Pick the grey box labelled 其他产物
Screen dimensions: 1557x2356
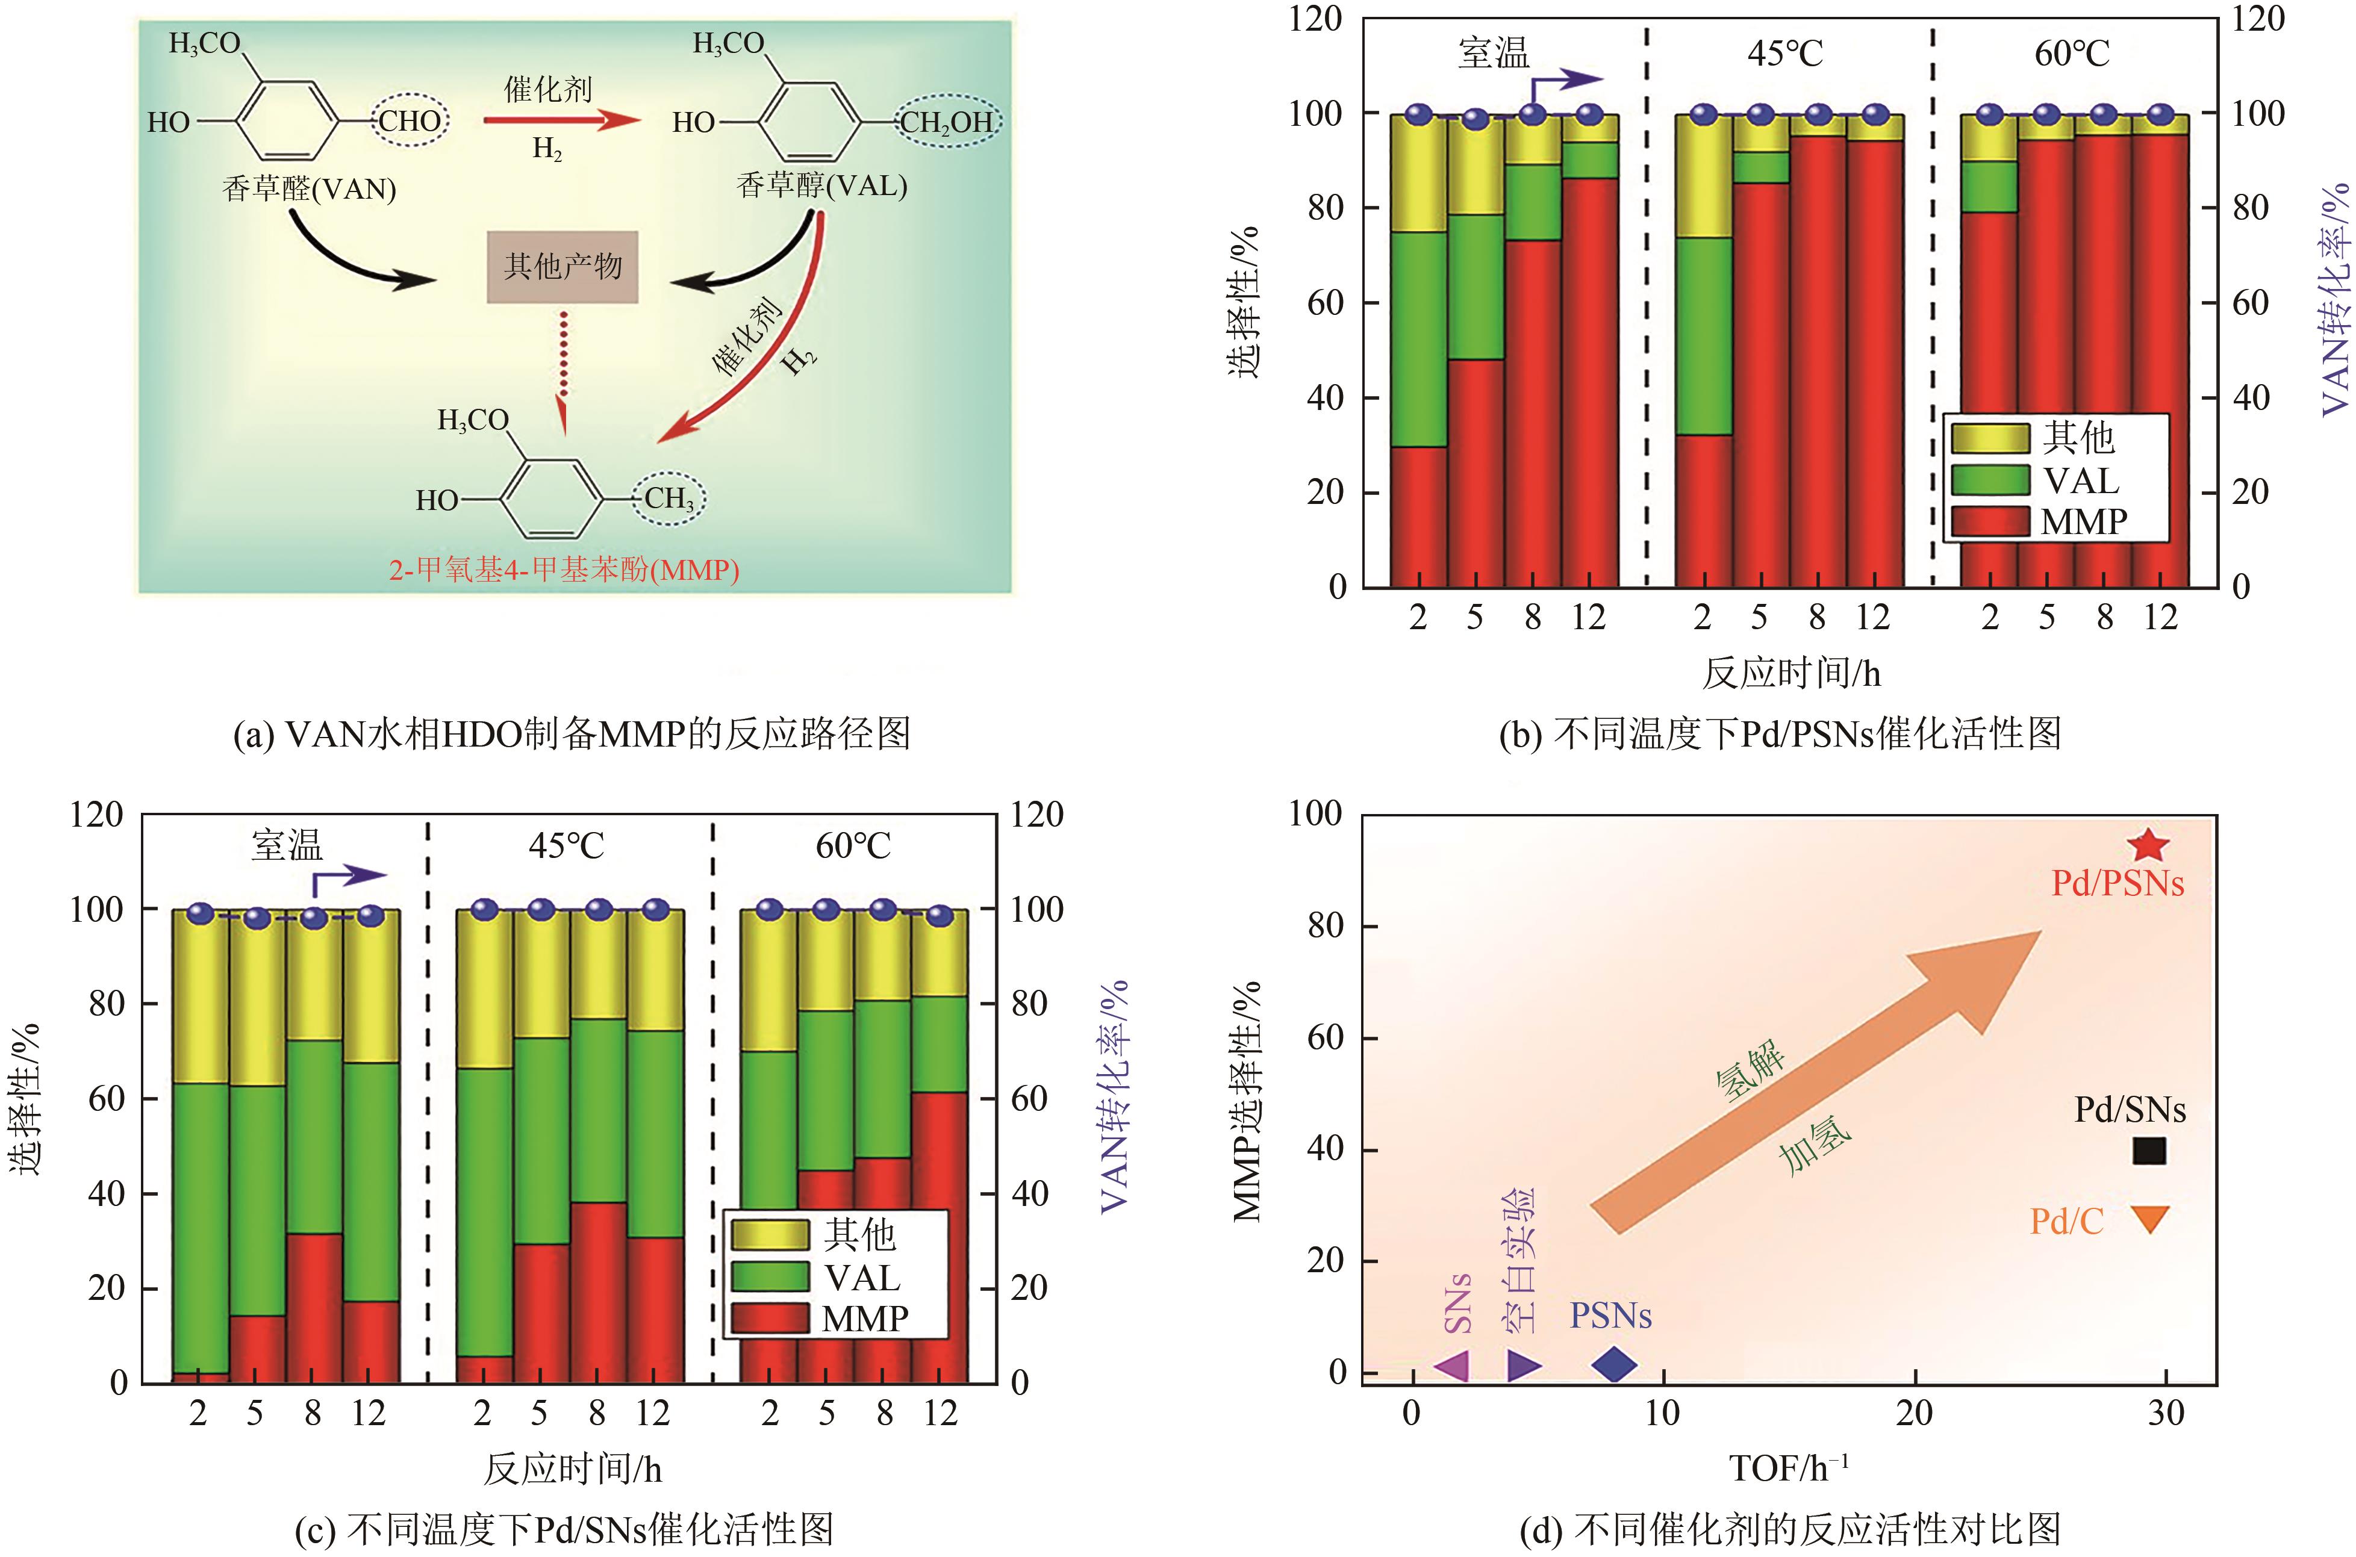(562, 267)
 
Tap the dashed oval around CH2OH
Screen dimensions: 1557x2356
(947, 121)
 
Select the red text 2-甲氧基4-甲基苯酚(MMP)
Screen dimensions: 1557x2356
(563, 570)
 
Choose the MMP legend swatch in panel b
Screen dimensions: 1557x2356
(1989, 522)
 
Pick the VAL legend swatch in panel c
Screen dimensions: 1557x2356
(770, 1277)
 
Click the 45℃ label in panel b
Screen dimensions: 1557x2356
(1785, 52)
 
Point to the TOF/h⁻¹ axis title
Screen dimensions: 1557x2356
(1789, 1468)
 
